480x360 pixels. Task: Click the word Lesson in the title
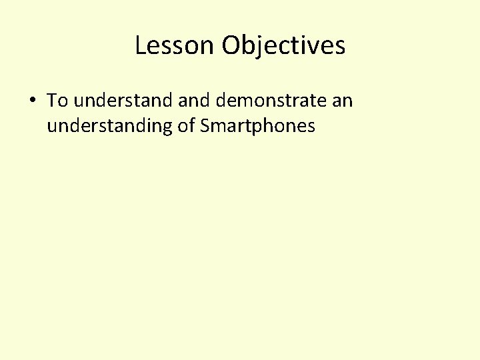175,45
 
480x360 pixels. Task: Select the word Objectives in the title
284,45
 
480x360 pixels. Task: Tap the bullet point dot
32,101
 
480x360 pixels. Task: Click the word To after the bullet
58,101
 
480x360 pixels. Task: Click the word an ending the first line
341,101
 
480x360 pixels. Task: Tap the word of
185,125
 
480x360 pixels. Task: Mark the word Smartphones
257,125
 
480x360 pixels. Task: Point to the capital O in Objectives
231,45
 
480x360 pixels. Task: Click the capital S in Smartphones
204,125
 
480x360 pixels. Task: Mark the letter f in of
191,125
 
